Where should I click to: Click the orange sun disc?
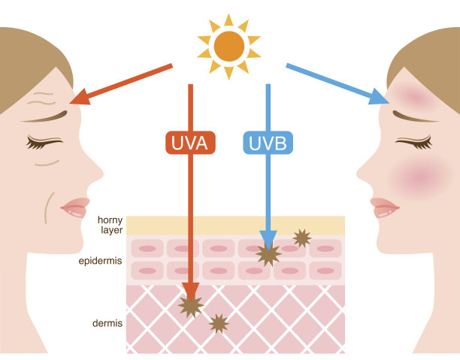click(229, 47)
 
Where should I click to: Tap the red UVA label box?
click(190, 143)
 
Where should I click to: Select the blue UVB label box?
click(268, 143)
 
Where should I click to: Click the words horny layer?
click(110, 225)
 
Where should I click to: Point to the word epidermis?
click(100, 261)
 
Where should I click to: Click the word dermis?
click(107, 323)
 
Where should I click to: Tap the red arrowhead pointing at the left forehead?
click(80, 97)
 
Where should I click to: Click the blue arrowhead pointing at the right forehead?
click(378, 95)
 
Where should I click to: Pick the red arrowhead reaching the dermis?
click(190, 292)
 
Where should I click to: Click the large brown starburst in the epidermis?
click(268, 254)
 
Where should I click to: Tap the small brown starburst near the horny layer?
click(302, 238)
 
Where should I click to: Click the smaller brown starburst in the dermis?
click(219, 324)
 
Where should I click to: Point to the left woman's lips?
click(76, 207)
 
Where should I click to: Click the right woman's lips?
click(384, 207)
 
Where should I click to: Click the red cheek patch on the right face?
click(420, 177)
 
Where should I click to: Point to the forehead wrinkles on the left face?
click(42, 98)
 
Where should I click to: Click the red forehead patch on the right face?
click(414, 96)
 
